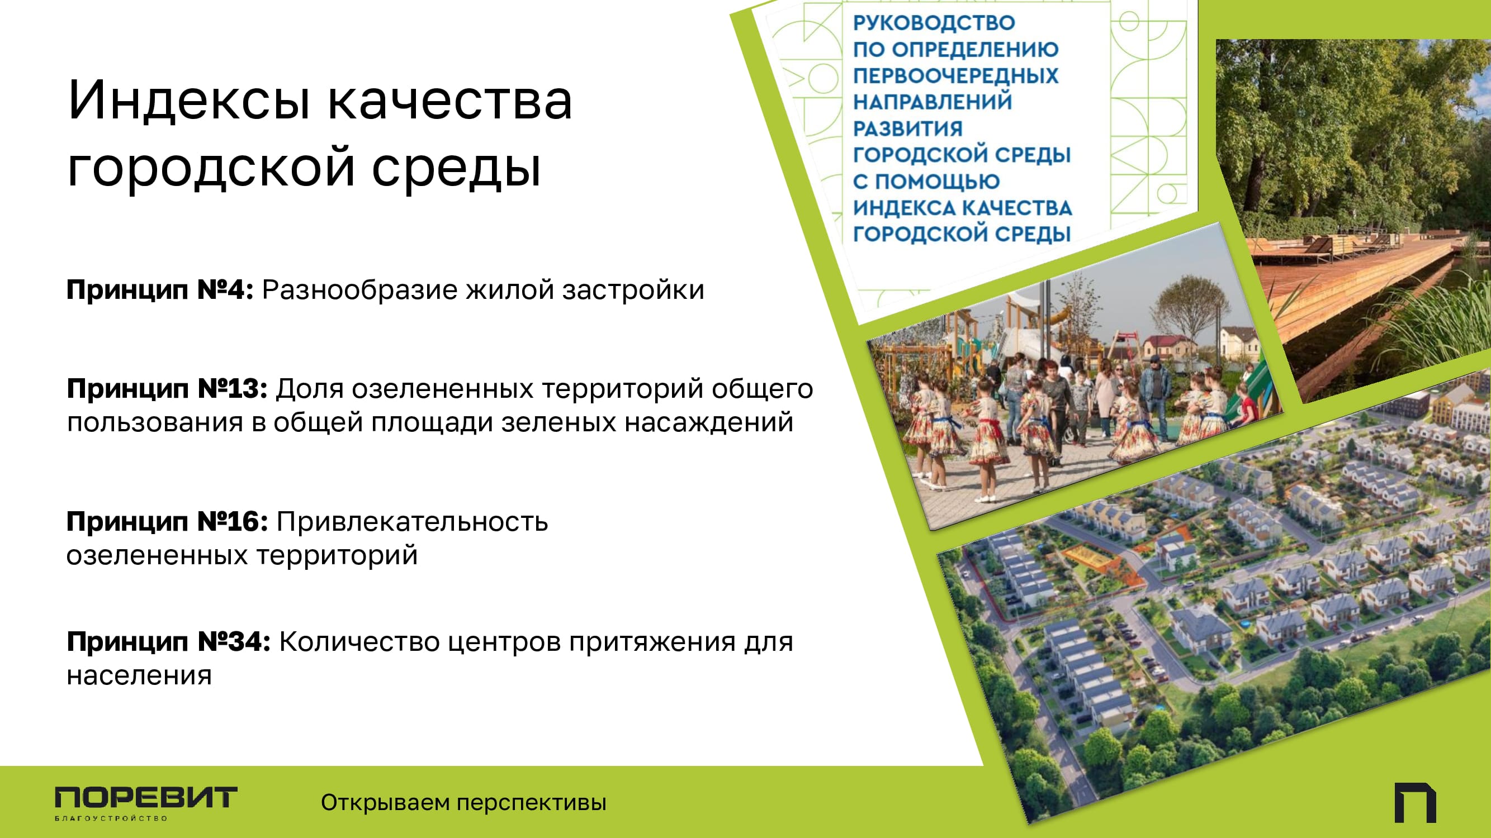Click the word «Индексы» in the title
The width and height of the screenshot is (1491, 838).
(190, 101)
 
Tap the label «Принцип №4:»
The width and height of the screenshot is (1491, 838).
(160, 289)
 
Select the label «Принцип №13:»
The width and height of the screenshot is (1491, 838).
(167, 388)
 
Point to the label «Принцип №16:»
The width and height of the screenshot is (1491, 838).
(167, 521)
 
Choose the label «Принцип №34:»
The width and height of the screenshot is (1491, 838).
(168, 641)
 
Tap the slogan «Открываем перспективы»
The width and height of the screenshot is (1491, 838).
(463, 802)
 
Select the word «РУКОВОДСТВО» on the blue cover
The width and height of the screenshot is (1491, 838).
(934, 22)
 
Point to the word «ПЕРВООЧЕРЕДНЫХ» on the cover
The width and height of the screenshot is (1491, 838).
(955, 76)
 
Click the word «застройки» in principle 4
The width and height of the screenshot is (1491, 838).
(633, 291)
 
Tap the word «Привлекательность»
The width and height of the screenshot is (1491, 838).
(413, 522)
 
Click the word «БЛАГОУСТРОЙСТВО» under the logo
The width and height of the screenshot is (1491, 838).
(111, 818)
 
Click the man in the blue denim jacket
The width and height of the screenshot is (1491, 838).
(1153, 393)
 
